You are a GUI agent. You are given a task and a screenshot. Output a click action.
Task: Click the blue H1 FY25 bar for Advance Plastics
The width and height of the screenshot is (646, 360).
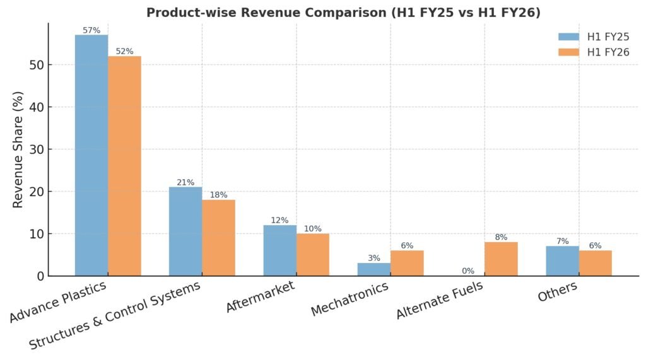pyautogui.click(x=91, y=155)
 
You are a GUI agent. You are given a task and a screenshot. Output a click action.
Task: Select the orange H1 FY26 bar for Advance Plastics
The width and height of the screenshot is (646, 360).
pyautogui.click(x=124, y=166)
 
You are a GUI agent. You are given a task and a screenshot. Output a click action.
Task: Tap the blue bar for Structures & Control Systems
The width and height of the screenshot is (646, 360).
pyautogui.click(x=185, y=231)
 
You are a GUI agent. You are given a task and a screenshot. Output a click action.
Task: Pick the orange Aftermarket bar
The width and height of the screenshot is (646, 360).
pyautogui.click(x=313, y=255)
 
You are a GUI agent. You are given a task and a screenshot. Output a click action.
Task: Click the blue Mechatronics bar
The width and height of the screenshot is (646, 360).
pyautogui.click(x=374, y=269)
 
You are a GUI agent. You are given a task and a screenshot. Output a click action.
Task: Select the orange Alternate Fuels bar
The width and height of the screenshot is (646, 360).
pyautogui.click(x=502, y=259)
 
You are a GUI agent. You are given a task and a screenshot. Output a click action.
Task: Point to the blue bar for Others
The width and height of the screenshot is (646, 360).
pyautogui.click(x=563, y=261)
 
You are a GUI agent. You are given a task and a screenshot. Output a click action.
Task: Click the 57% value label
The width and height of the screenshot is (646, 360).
pyautogui.click(x=91, y=30)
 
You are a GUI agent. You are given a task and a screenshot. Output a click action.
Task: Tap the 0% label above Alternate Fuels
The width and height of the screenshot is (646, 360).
pyautogui.click(x=468, y=271)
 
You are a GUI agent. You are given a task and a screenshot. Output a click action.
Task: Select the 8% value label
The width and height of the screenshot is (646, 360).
pyautogui.click(x=502, y=237)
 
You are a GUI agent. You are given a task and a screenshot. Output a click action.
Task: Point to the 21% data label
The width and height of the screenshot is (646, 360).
pyautogui.click(x=185, y=182)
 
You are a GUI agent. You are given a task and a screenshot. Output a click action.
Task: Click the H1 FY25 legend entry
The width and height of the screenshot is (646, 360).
pyautogui.click(x=594, y=37)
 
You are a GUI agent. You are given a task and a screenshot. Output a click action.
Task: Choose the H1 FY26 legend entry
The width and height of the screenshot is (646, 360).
pyautogui.click(x=594, y=52)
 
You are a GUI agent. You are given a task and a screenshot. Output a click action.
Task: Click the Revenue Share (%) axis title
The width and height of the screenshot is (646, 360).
pyautogui.click(x=18, y=149)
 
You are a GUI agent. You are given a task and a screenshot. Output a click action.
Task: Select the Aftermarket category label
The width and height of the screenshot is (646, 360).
pyautogui.click(x=259, y=297)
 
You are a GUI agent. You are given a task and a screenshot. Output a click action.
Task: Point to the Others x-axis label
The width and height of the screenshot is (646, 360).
pyautogui.click(x=557, y=292)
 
